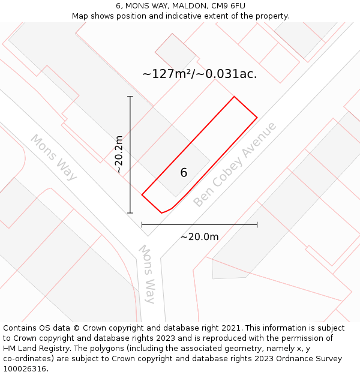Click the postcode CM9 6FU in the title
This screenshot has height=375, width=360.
tap(229, 6)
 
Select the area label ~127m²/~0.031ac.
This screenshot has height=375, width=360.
tap(199, 74)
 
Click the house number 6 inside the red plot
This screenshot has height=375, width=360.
tap(184, 173)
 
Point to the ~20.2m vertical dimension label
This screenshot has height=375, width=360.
tap(119, 154)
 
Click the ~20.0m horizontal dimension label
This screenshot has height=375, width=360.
tap(199, 236)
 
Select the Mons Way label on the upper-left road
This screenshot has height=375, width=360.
tap(54, 157)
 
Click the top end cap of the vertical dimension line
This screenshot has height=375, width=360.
tap(130, 96)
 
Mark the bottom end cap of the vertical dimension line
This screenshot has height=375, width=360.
tap(130, 213)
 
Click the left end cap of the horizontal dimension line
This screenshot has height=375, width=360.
tap(142, 225)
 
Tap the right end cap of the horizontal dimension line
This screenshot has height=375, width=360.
tap(257, 225)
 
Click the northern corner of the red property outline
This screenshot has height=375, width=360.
tap(234, 97)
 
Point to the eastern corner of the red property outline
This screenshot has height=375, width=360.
tap(257, 118)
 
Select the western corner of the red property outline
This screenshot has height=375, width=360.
tap(142, 194)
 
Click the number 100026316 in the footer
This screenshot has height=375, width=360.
tap(24, 369)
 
